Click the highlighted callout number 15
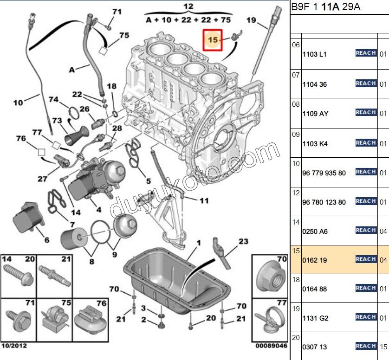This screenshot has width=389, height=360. pos(213,40)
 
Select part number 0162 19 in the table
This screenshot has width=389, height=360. pos(315,260)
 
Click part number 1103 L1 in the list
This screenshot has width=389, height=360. pos(315,54)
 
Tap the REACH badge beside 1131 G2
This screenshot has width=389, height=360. pos(365,317)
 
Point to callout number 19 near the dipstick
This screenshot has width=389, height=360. pos(251,20)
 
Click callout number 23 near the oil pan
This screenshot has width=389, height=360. pos(244,241)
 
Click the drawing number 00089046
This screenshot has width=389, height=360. pos(271,346)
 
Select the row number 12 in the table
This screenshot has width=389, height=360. pos(296,192)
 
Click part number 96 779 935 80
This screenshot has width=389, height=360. pos(324,173)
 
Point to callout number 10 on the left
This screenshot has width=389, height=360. pos(18,103)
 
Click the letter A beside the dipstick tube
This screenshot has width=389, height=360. pos(72,70)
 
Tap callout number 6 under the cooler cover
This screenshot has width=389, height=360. pos(46,240)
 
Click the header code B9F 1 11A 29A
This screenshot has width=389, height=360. pos(325,6)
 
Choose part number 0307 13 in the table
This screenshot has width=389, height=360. pos(315,347)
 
